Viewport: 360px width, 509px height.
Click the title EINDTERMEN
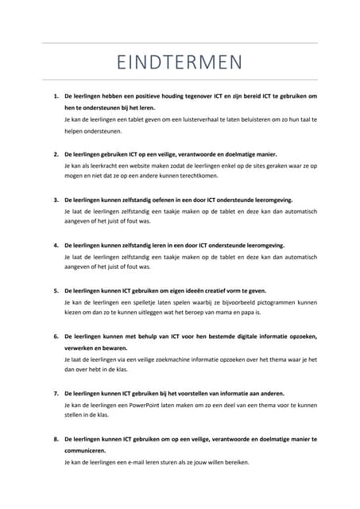click(180, 61)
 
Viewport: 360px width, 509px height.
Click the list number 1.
click(56, 96)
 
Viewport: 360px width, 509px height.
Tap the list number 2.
click(56, 153)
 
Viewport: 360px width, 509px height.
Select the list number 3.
click(56, 200)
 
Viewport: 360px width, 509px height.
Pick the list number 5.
click(56, 291)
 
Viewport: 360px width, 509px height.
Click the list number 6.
click(56, 336)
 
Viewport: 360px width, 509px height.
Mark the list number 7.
click(56, 393)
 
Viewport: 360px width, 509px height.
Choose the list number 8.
click(56, 438)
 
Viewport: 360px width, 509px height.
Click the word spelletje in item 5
click(135, 303)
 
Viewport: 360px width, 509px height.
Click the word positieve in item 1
click(149, 96)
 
